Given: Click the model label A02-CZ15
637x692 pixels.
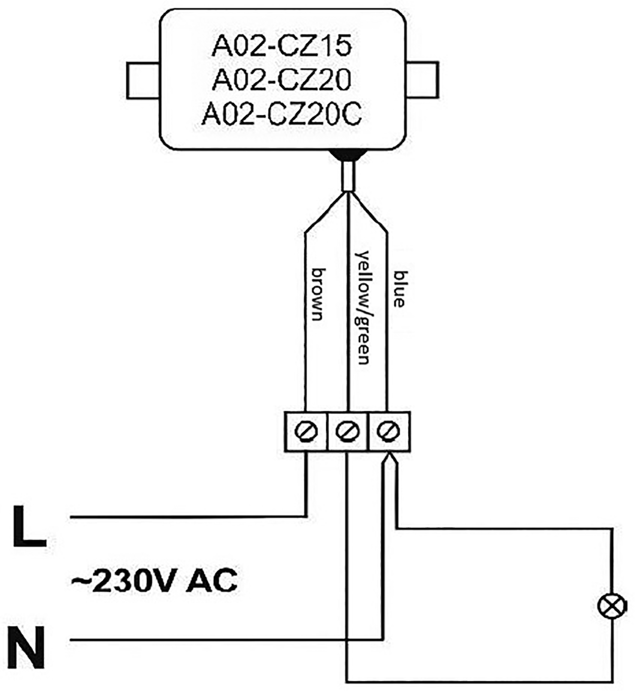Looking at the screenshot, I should (280, 48).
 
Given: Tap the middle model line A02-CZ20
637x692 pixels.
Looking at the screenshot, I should (280, 82).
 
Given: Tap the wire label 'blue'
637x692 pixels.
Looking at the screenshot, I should (398, 288).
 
